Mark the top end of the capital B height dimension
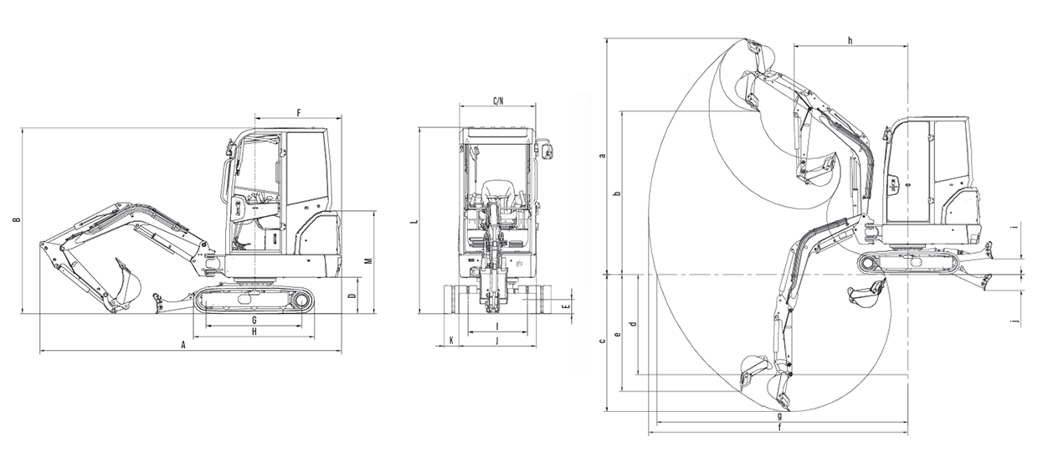[22, 128]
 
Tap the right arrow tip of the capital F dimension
[342, 118]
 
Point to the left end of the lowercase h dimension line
[794, 46]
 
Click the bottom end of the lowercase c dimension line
[607, 410]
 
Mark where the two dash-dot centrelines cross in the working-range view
[907, 275]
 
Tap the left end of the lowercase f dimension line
[649, 434]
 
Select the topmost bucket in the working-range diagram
[760, 53]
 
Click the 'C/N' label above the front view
[498, 100]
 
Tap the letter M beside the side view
[369, 261]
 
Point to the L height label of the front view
[417, 223]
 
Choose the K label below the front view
[451, 341]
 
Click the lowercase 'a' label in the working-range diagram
[603, 155]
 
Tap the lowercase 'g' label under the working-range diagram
[780, 415]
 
